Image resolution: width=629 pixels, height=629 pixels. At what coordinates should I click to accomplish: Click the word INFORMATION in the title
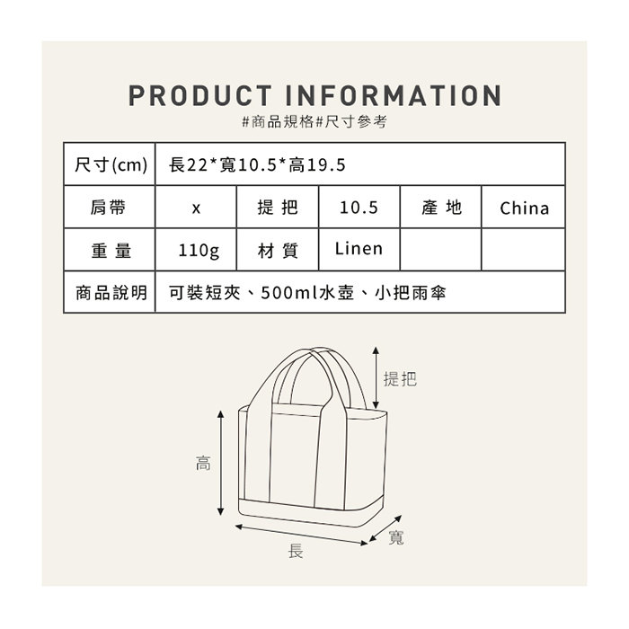point(393,96)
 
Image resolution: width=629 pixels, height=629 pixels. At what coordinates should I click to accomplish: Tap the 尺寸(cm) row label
point(110,164)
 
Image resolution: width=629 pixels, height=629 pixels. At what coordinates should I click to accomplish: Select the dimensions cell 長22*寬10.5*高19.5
point(257,164)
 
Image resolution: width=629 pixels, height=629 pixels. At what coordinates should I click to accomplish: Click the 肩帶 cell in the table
point(109,208)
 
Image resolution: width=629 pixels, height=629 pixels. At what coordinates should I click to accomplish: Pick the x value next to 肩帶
point(196,208)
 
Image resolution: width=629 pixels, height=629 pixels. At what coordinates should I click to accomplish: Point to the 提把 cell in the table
point(277,208)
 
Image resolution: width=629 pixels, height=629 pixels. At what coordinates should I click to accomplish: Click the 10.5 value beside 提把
point(359,208)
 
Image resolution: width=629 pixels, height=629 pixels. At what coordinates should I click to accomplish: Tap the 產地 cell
point(441,208)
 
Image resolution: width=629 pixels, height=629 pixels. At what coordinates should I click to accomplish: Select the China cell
point(524,208)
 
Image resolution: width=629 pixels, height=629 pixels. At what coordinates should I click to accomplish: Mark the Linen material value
point(359,248)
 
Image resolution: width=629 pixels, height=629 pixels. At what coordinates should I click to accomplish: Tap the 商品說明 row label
point(110,293)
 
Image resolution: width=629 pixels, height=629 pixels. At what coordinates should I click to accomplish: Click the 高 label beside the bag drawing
point(203,465)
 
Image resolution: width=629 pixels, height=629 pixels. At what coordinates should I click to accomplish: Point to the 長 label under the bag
point(295,551)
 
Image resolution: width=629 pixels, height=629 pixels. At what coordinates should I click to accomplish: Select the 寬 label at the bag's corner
point(396,537)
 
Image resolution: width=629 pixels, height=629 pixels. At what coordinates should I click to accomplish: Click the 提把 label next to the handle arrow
point(400,379)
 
